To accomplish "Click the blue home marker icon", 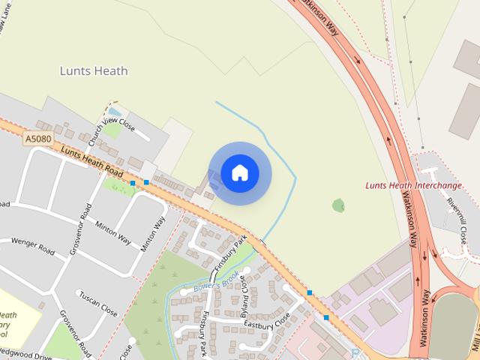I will [x=239, y=173].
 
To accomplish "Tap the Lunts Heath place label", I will [x=94, y=71].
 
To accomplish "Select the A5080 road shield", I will [x=38, y=139].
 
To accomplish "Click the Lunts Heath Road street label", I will [x=91, y=161].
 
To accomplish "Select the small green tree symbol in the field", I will [x=338, y=205].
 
